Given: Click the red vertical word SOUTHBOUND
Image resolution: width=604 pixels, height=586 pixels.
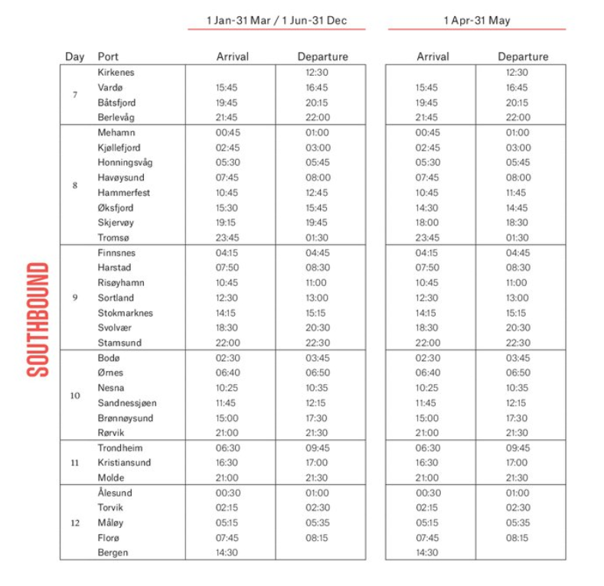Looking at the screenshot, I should (x=38, y=320).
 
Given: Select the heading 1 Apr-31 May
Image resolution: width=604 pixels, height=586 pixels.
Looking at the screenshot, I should (x=476, y=21).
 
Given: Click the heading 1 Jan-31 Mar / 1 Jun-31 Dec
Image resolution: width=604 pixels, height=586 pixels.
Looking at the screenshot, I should (x=276, y=21).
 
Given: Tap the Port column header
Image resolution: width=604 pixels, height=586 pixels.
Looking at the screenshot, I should (x=108, y=57).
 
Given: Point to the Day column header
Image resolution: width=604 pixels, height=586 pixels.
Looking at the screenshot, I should (x=74, y=57).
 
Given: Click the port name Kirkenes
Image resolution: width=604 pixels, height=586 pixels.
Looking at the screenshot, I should (x=116, y=73).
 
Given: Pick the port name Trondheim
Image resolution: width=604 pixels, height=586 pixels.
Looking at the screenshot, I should (x=120, y=448).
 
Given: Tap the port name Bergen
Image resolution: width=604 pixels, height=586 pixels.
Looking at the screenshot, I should (x=113, y=552).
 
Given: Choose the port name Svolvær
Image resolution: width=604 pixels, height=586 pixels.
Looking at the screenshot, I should (x=116, y=327).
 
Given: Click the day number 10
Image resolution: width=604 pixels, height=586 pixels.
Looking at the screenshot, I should (x=75, y=396).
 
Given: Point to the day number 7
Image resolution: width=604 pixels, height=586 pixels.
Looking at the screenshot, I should (x=75, y=95).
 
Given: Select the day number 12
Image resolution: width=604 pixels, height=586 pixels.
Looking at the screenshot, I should (x=75, y=523).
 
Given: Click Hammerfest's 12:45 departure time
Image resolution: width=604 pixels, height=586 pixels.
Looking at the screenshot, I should (x=317, y=193).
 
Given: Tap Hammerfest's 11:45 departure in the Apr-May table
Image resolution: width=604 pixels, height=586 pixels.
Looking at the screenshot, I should (x=517, y=193).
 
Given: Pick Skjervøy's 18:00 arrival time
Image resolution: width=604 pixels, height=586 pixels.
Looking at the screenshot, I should (x=427, y=223).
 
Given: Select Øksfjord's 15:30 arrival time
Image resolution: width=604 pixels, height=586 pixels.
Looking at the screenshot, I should (x=227, y=207).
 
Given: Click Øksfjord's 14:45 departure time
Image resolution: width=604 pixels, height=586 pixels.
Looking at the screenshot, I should (x=517, y=207).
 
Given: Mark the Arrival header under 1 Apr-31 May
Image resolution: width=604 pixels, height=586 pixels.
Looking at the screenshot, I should (x=433, y=57).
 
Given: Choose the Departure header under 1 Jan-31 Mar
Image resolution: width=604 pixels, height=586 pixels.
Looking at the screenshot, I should (x=322, y=57).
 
